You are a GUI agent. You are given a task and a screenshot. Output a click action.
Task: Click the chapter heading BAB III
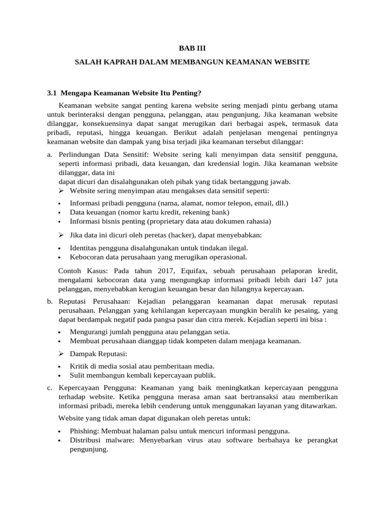click(x=192, y=48)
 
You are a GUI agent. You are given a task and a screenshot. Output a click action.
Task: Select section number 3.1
click(x=52, y=93)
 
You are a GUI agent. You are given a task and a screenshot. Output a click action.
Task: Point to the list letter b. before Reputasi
click(x=49, y=302)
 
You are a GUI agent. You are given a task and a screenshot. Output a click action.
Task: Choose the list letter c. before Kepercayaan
click(x=49, y=388)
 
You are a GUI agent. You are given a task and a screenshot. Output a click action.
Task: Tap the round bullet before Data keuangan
click(x=60, y=213)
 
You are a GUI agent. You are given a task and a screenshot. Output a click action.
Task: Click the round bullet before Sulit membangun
click(x=60, y=376)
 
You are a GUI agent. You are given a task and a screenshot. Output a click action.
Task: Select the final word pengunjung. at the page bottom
click(x=89, y=449)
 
